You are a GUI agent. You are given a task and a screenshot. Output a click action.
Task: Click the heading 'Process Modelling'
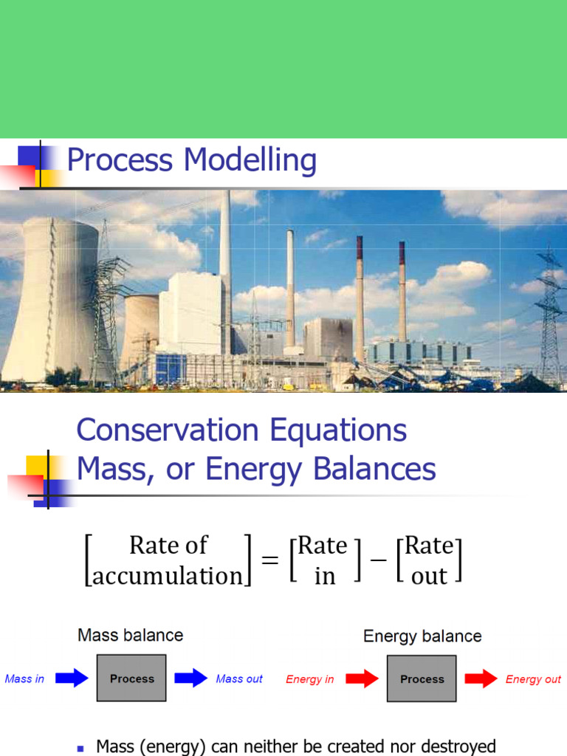coord(192,160)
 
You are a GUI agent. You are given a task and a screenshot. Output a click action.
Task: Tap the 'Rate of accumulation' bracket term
coord(168,560)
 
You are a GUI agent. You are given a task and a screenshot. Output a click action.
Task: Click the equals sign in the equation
coord(270,560)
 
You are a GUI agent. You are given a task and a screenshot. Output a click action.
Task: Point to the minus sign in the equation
coord(377,560)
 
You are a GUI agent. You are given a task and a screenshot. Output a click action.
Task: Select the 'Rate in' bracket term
coord(323,560)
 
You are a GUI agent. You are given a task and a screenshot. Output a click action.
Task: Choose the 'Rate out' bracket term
coord(429,560)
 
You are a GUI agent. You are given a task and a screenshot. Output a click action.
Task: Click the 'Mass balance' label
coord(131,635)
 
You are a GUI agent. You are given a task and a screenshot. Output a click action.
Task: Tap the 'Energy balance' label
coord(422,636)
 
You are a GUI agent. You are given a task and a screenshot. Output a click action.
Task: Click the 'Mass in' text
coord(24,678)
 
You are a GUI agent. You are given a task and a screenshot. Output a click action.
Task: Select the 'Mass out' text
coord(239,678)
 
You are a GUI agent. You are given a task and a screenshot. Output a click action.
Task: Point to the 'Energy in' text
coord(309,679)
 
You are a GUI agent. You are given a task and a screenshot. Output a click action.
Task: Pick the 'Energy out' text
coord(533,679)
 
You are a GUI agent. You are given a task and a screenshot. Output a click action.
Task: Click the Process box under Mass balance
coord(131,678)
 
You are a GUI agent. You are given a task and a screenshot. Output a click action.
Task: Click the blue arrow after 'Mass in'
coord(72,678)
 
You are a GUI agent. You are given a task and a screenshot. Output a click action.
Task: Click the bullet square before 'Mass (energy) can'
coord(81,748)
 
